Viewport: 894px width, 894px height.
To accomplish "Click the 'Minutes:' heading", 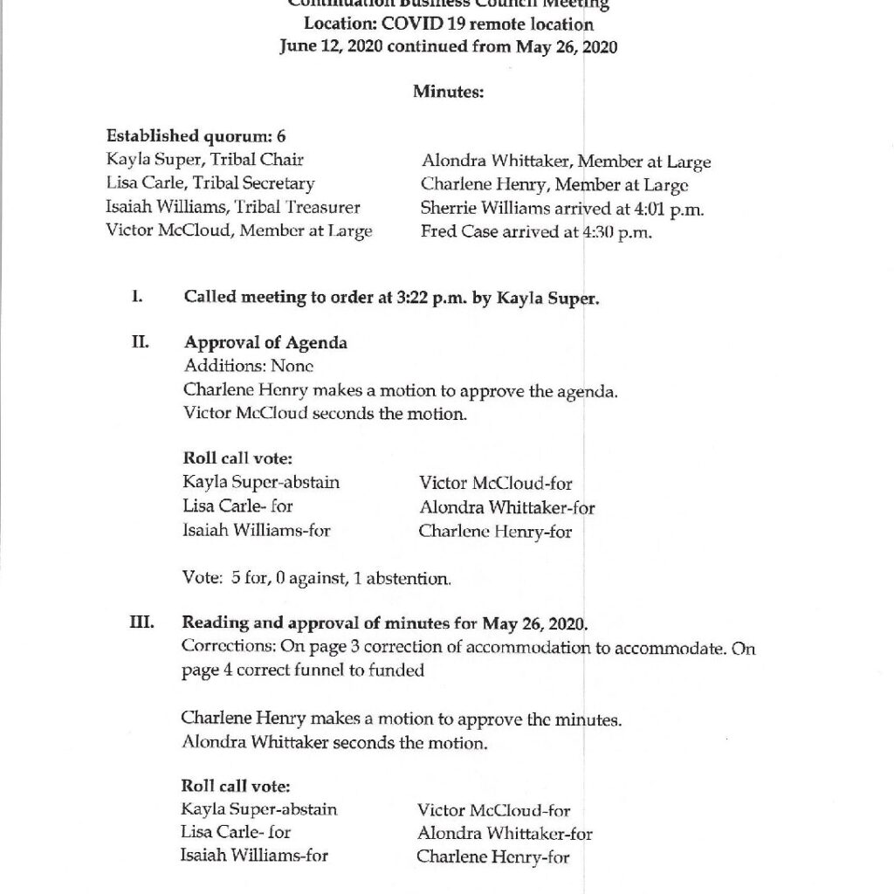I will [448, 91].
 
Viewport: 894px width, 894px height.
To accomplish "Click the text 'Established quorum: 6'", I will [196, 136].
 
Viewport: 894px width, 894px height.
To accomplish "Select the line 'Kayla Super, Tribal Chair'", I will [205, 160].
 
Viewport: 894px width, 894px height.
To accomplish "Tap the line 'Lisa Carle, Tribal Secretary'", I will [210, 183].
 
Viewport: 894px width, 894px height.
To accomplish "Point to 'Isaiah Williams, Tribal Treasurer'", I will [233, 207].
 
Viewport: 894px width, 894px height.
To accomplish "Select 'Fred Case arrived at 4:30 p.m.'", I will [536, 232].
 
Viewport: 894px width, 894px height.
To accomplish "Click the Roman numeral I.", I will [137, 297].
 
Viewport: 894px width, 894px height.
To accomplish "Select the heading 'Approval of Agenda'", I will [265, 343].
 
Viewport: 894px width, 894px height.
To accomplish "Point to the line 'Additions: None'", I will [249, 367].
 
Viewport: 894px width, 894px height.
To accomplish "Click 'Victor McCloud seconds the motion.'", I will [326, 414].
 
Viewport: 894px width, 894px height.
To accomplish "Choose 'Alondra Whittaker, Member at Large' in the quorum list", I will [566, 162].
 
